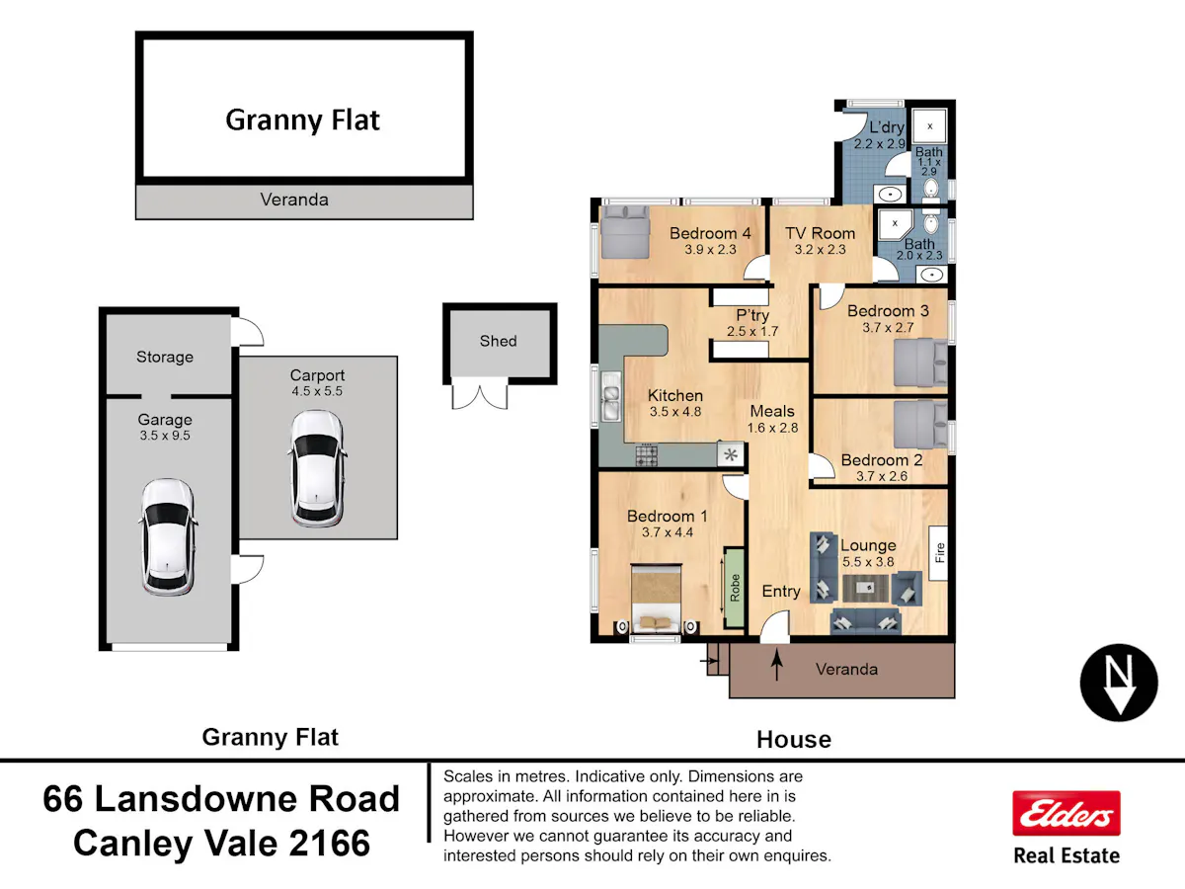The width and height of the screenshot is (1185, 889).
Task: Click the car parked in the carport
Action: (x=317, y=468)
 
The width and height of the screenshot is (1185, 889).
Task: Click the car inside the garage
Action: (x=168, y=537)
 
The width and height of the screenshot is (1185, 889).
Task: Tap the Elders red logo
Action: (x=1066, y=813)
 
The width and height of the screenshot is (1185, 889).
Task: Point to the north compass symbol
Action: (x=1119, y=683)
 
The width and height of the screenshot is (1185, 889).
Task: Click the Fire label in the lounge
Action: (x=939, y=553)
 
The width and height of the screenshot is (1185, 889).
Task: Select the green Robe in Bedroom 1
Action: (x=735, y=588)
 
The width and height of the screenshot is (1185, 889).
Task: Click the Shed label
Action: (x=499, y=341)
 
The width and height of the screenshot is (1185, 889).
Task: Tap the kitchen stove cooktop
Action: (x=647, y=454)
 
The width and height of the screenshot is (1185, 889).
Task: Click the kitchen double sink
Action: (x=611, y=397)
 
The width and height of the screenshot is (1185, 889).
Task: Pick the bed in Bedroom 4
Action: (x=625, y=233)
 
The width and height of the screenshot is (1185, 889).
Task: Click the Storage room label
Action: (x=165, y=357)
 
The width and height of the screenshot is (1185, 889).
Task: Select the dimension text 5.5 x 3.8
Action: (x=868, y=562)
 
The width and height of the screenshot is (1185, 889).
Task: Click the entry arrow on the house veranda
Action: (x=777, y=665)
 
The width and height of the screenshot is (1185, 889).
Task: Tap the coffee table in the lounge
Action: (x=865, y=588)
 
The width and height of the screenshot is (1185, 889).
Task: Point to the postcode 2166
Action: (x=329, y=844)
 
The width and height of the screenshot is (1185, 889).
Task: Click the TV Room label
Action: (x=820, y=233)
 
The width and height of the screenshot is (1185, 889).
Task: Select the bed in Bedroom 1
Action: (x=656, y=598)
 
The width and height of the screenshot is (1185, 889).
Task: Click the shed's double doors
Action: (x=479, y=393)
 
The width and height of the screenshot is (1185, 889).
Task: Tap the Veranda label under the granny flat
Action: (x=294, y=200)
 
